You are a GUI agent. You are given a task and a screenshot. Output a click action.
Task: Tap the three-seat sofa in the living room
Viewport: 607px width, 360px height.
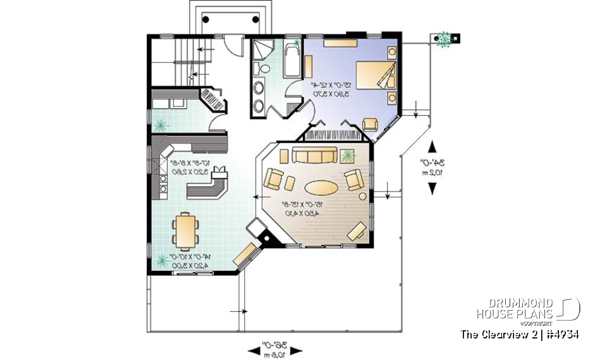(314, 156)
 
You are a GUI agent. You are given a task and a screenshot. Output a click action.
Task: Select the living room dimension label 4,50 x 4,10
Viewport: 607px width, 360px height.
(289, 214)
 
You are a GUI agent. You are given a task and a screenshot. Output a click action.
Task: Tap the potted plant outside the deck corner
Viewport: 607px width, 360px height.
(444, 39)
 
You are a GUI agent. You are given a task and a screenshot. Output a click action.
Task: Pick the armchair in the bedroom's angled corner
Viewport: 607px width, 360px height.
(369, 125)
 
